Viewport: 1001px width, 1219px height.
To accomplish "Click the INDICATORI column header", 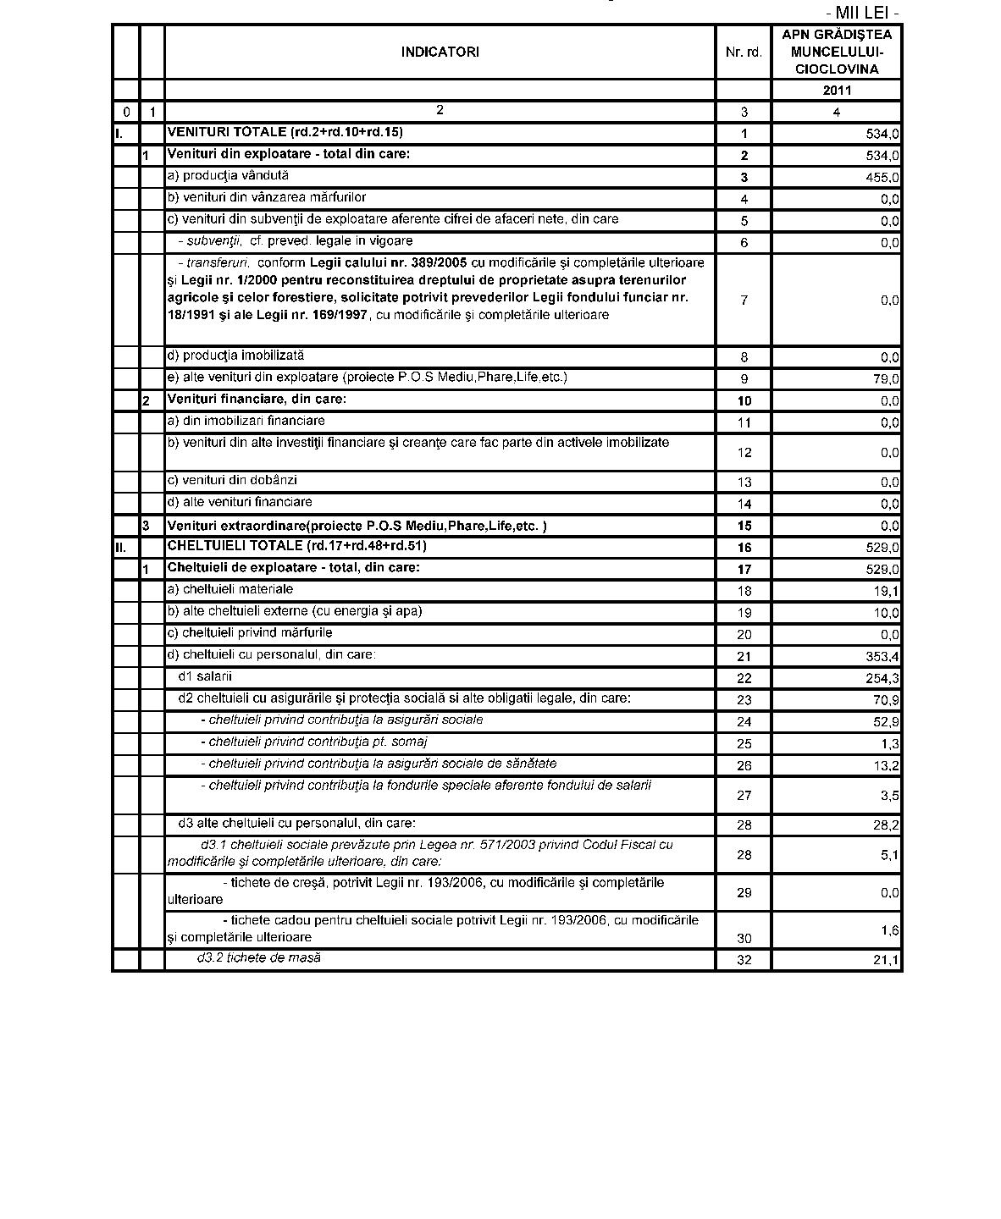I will [x=440, y=52].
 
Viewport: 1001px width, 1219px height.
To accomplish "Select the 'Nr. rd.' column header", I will [x=744, y=52].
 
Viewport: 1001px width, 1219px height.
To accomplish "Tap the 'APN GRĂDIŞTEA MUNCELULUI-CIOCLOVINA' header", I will [x=836, y=52].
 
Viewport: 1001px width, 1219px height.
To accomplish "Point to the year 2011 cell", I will [x=836, y=91].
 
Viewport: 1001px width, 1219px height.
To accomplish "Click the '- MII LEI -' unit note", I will [x=862, y=13].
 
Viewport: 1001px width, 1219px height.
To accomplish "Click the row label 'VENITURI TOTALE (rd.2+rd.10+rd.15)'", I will [x=285, y=132].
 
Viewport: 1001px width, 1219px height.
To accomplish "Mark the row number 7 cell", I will [x=744, y=301].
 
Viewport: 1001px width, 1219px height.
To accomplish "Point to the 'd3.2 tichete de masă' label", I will [x=258, y=958].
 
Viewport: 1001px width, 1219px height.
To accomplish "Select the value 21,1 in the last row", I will [x=886, y=960].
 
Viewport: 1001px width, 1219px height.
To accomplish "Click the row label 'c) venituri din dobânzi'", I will [x=231, y=481].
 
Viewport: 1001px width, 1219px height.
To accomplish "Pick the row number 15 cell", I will [x=744, y=527].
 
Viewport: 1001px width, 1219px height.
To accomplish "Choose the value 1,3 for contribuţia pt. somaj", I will [x=889, y=744].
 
